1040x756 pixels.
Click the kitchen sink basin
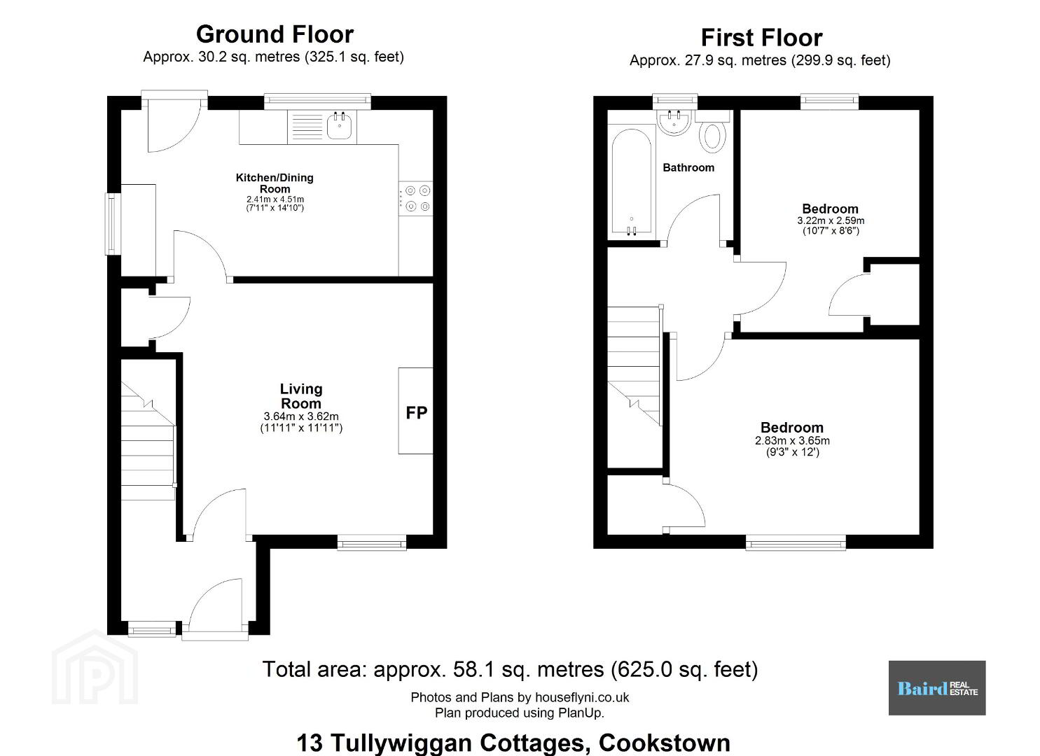(340, 127)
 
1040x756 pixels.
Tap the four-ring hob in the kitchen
(416, 198)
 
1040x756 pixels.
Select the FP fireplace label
(417, 412)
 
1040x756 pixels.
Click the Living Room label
(301, 396)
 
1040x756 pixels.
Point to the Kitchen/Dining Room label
(275, 183)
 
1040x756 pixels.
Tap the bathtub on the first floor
(632, 181)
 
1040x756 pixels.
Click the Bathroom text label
(688, 167)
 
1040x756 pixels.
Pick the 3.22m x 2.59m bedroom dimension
(831, 221)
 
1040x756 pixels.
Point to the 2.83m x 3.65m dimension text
(793, 440)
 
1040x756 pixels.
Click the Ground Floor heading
(275, 34)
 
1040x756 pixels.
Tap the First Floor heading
(762, 38)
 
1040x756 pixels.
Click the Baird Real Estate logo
(937, 688)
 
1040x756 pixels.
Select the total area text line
(510, 669)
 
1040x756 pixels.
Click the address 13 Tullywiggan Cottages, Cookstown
(513, 743)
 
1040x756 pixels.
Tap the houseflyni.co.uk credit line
(520, 697)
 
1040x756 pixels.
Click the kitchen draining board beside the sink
(307, 127)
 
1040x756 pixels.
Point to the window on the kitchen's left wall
(112, 224)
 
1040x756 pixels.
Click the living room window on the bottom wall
(371, 543)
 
